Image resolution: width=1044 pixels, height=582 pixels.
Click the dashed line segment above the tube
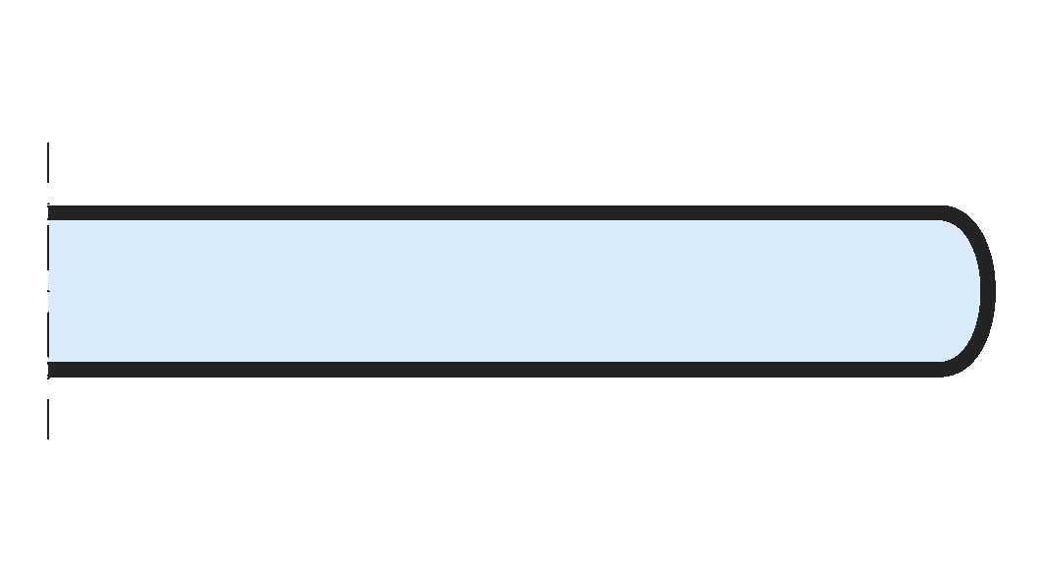(48, 162)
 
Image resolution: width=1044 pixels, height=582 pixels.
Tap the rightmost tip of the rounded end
(989, 291)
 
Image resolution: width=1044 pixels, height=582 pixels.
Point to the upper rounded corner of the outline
(967, 218)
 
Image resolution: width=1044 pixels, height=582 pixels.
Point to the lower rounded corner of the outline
(967, 364)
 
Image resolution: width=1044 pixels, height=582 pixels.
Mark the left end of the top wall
(51, 212)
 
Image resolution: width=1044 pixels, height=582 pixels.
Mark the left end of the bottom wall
(51, 370)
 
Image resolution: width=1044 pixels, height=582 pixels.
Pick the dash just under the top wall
(48, 246)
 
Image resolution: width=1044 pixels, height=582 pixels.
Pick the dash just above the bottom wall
(48, 336)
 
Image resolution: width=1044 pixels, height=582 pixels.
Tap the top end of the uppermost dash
(48, 144)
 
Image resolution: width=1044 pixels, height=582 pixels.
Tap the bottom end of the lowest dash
(48, 437)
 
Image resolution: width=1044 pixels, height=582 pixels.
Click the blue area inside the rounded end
(958, 291)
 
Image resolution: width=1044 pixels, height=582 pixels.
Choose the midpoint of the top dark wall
(496, 212)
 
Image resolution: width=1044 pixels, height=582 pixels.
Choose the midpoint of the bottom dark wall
(496, 370)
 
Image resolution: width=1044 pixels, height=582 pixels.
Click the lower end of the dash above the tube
(48, 181)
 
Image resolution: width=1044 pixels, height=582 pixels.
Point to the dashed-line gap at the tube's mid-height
(48, 291)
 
